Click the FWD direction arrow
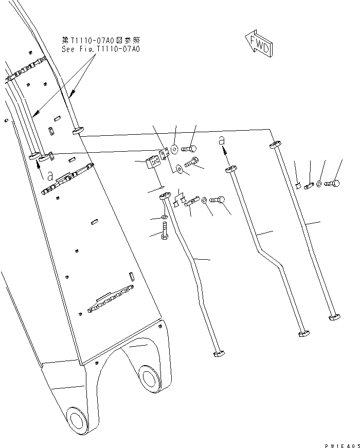[259, 44]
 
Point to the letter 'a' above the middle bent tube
[222, 140]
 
